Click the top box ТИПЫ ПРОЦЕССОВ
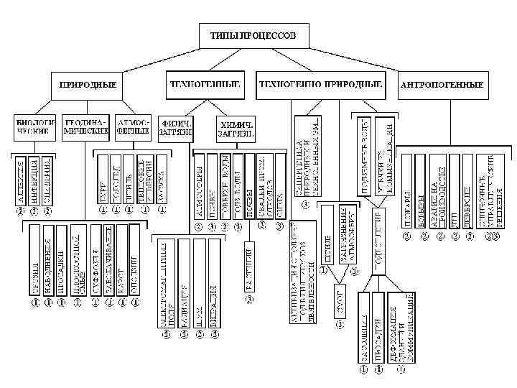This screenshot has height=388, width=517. pyautogui.click(x=258, y=34)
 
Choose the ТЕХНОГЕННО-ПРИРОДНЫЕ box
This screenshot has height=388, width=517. pyautogui.click(x=320, y=84)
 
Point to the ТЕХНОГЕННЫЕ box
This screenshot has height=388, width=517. pyautogui.click(x=205, y=84)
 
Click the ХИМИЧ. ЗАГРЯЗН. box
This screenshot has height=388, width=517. pyautogui.click(x=238, y=128)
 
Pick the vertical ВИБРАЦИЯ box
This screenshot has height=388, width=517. pyautogui.click(x=213, y=287)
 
